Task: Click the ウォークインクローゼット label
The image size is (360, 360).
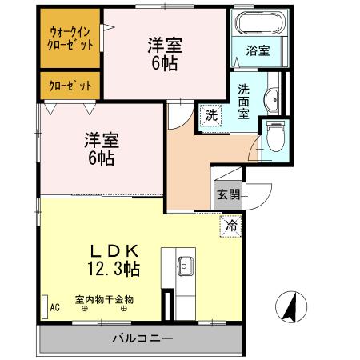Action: [70, 38]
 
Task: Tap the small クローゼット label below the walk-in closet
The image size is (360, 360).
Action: [70, 84]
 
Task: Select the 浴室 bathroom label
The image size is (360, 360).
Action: [257, 50]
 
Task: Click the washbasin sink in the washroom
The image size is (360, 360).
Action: [272, 98]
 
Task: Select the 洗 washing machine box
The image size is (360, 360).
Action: [211, 114]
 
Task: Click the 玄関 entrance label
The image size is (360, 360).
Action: [228, 194]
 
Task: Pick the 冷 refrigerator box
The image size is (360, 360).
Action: [230, 226]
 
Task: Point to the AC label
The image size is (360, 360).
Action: [55, 306]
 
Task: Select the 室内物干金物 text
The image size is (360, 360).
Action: [105, 300]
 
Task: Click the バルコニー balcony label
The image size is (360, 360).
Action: [142, 338]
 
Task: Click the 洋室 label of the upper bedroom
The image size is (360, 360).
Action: [164, 46]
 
